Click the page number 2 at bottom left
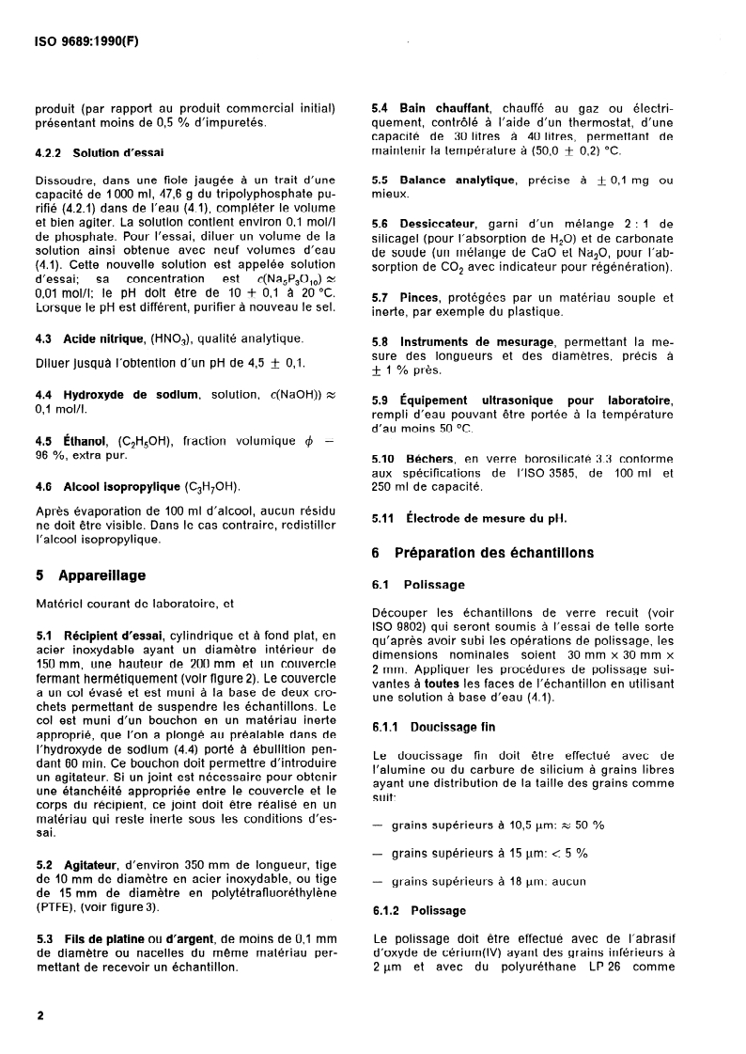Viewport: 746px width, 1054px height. (x=39, y=1017)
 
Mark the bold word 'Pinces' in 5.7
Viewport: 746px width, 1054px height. (x=421, y=297)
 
